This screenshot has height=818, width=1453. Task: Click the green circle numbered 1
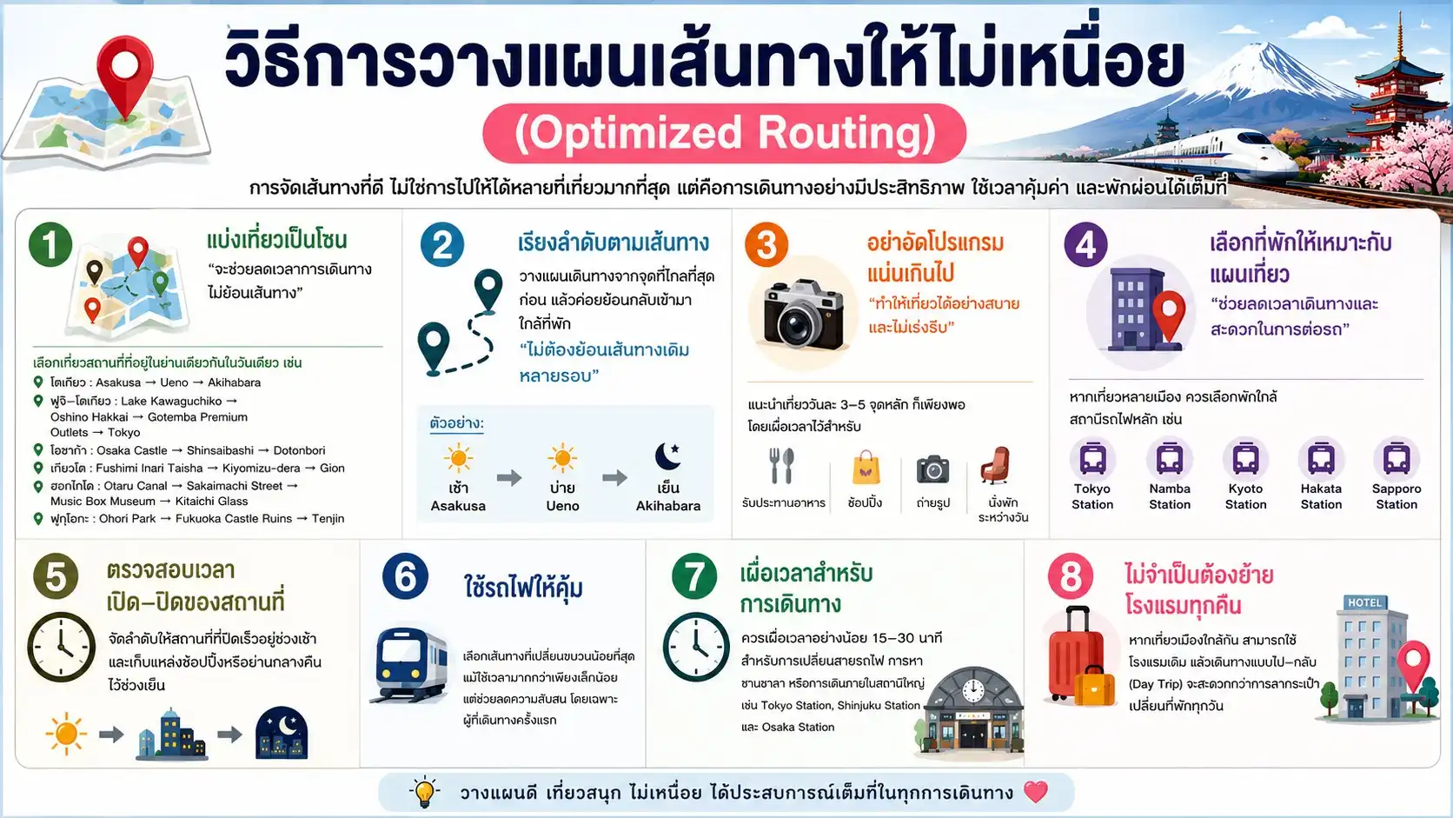click(50, 244)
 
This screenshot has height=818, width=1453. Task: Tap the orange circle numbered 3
click(766, 244)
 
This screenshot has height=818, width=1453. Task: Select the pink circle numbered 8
click(1070, 576)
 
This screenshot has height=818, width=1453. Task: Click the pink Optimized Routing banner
click(724, 133)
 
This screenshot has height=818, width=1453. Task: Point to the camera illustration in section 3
click(803, 314)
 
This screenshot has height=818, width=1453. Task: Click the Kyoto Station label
click(1245, 496)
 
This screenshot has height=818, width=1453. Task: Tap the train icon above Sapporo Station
click(1397, 459)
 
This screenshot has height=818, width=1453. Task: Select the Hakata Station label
click(1321, 496)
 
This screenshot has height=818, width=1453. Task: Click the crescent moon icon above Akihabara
click(667, 456)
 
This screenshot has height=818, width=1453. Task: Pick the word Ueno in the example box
click(562, 506)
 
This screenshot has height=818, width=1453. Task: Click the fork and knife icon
click(781, 466)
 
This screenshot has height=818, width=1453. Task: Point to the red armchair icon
click(996, 465)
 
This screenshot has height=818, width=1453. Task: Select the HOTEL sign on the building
click(1364, 602)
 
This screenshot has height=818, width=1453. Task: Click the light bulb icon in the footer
click(425, 791)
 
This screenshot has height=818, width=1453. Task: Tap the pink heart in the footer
click(1035, 792)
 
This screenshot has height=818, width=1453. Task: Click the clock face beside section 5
click(61, 647)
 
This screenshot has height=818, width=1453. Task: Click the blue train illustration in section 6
click(410, 664)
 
